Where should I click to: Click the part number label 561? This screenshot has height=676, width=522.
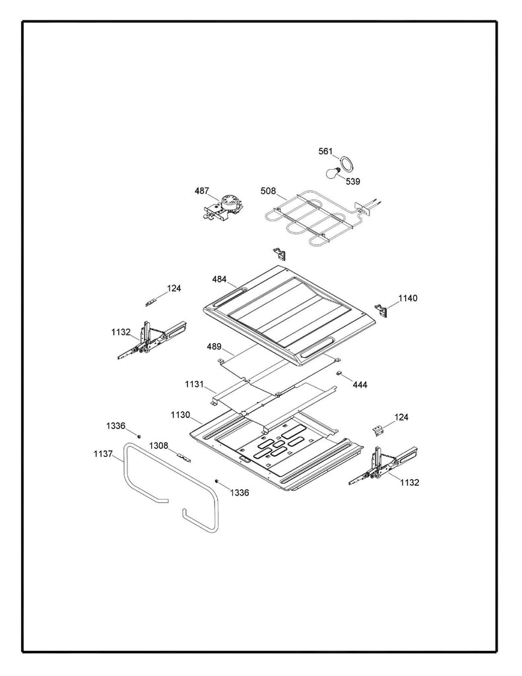pyautogui.click(x=325, y=151)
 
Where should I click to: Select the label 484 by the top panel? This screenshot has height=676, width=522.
pyautogui.click(x=219, y=279)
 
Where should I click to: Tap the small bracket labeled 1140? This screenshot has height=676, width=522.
pyautogui.click(x=381, y=308)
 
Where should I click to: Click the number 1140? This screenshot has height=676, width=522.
pyautogui.click(x=407, y=298)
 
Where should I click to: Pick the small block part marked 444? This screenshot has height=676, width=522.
pyautogui.click(x=340, y=374)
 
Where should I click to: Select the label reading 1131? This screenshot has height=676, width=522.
pyautogui.click(x=195, y=384)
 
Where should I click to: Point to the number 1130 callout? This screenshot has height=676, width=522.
pyautogui.click(x=180, y=415)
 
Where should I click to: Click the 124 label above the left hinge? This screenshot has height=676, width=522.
pyautogui.click(x=174, y=288)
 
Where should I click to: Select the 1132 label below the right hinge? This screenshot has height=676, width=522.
pyautogui.click(x=409, y=483)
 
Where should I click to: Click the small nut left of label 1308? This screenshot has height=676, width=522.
pyautogui.click(x=139, y=435)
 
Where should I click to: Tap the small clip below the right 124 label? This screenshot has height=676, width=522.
pyautogui.click(x=378, y=430)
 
